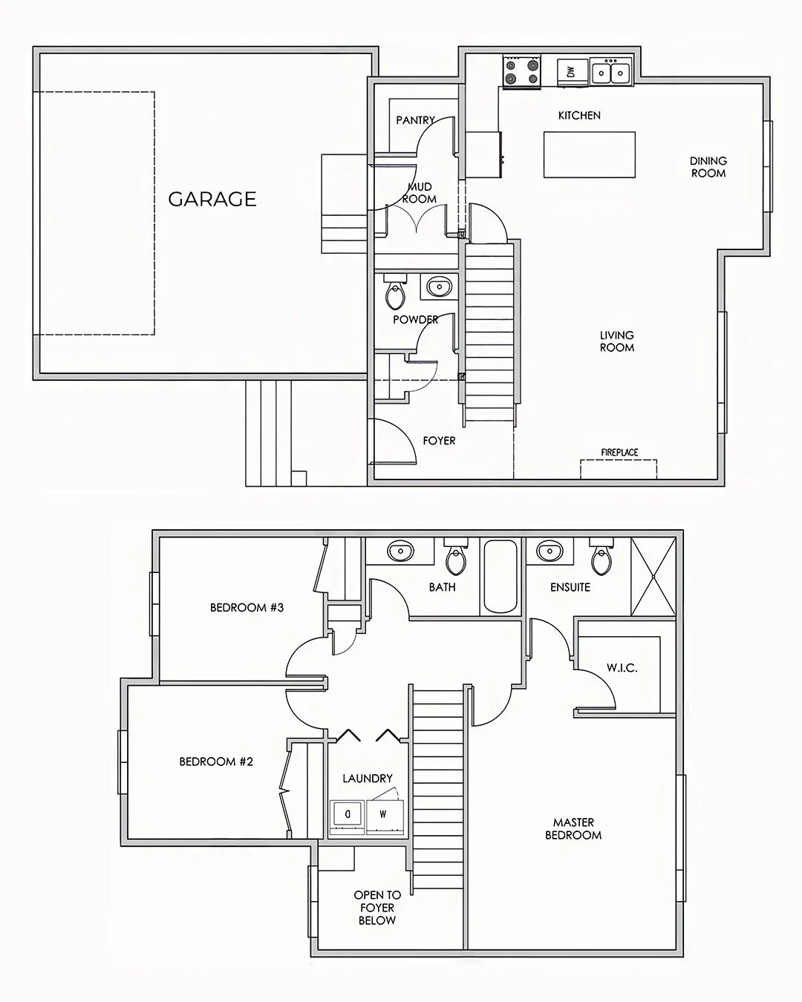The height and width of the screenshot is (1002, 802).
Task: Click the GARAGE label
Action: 212,199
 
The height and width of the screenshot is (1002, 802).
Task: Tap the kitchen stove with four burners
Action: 521,72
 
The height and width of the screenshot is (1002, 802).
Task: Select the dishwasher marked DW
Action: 571,72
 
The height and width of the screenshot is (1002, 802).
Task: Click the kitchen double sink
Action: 611,72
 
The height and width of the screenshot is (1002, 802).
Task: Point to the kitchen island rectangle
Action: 590,154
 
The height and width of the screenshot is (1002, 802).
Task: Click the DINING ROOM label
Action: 708,167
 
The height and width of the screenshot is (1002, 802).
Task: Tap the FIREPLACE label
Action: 619,452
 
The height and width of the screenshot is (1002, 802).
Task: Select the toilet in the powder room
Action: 395,293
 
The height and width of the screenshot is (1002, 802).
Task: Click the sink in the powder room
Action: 440,286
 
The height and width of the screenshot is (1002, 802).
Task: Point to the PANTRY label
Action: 415,120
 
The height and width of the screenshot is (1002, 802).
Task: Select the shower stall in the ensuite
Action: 653,577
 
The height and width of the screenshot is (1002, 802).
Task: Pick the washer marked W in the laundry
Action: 384,814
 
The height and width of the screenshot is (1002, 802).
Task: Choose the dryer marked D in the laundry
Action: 347,814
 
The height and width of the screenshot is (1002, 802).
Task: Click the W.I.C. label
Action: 622,668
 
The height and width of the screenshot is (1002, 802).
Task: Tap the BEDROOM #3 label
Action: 247,608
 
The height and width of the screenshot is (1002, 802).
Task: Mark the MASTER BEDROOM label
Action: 573,828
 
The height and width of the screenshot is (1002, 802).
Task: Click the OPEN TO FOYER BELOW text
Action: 377,908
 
